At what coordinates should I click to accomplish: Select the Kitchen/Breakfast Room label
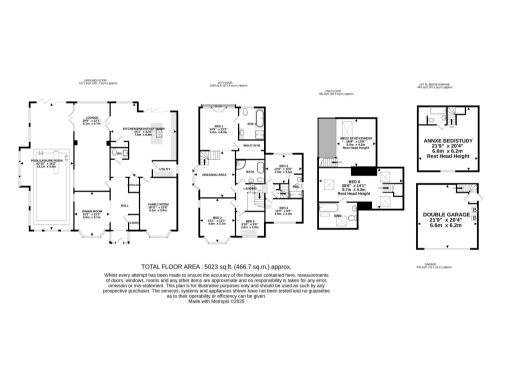click(141, 130)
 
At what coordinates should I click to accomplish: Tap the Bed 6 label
click(357, 186)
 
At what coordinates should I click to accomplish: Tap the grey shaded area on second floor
click(326, 135)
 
